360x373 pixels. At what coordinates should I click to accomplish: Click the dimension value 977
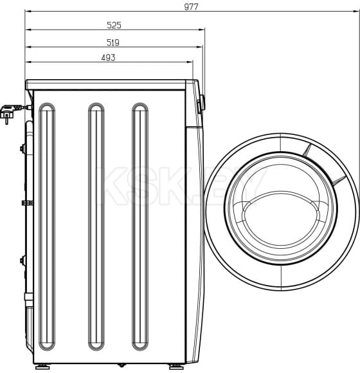pyautogui.click(x=191, y=6)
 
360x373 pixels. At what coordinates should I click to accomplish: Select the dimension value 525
pyautogui.click(x=114, y=26)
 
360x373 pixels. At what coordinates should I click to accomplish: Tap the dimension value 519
pyautogui.click(x=114, y=42)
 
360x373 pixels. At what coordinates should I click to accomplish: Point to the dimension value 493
pyautogui.click(x=108, y=58)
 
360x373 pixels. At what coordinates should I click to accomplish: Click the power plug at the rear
pyautogui.click(x=9, y=114)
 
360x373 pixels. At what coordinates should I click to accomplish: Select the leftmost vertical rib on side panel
pyautogui.click(x=47, y=226)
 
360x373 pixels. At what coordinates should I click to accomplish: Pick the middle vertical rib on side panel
pyautogui.click(x=96, y=226)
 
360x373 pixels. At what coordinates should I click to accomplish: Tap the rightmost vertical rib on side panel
pyautogui.click(x=140, y=226)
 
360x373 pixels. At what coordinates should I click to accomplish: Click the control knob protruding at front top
pyautogui.click(x=202, y=102)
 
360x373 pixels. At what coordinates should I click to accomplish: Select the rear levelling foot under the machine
pyautogui.click(x=40, y=367)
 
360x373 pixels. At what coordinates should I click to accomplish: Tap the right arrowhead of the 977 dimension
pyautogui.click(x=356, y=12)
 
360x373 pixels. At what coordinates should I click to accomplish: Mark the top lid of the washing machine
pyautogui.click(x=109, y=84)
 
